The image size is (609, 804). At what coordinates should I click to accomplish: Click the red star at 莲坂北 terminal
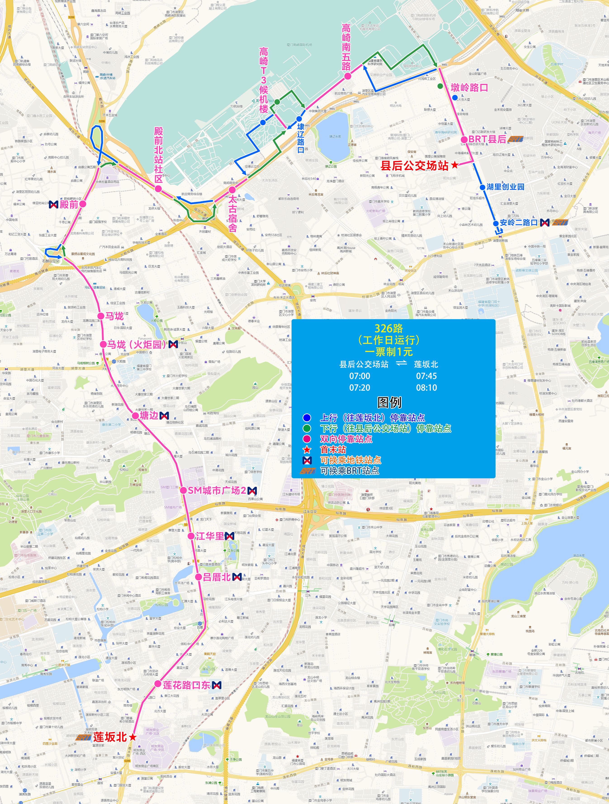coord(133,737)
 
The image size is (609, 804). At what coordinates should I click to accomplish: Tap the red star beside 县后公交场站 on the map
coord(455,165)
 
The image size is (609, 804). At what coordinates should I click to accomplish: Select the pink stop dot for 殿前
coord(83,204)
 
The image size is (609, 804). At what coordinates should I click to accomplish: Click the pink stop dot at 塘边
coord(135,415)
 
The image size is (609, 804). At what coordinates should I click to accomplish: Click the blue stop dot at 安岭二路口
coord(495,223)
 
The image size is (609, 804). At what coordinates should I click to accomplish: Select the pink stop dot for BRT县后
coord(464,140)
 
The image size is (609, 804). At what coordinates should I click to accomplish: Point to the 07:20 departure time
coord(360,388)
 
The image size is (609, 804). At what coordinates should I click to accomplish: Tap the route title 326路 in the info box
coord(389,329)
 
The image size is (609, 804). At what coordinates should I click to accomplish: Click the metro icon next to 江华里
coord(229,536)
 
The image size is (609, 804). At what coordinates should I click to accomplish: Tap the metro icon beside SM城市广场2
coord(252,491)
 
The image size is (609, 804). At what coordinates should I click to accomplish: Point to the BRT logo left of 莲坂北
coord(83,738)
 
